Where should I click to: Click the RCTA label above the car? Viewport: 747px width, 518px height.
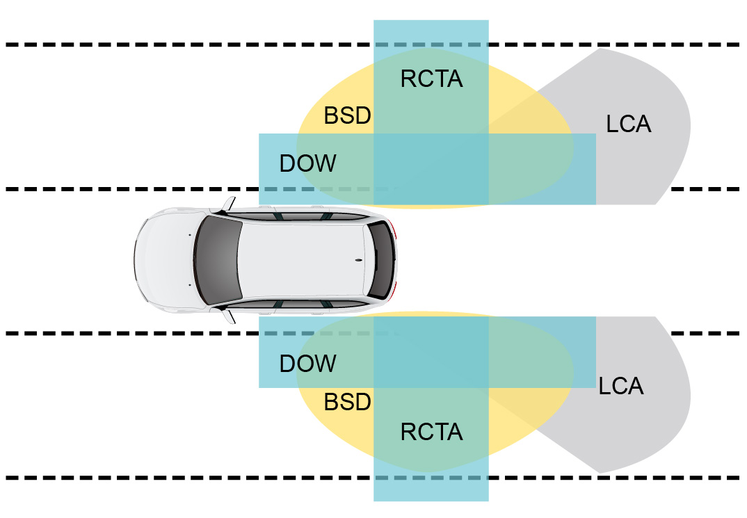pyautogui.click(x=431, y=79)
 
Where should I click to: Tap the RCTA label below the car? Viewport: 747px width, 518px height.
pyautogui.click(x=431, y=432)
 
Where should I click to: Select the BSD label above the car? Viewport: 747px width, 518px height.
pyautogui.click(x=348, y=115)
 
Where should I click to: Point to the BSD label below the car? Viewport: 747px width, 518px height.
pyautogui.click(x=348, y=402)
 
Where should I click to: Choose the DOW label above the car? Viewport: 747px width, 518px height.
pyautogui.click(x=307, y=164)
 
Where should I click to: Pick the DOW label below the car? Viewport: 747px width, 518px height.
pyautogui.click(x=307, y=364)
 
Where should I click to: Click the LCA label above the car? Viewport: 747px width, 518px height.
pyautogui.click(x=628, y=124)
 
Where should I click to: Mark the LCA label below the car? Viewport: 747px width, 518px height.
pyautogui.click(x=620, y=387)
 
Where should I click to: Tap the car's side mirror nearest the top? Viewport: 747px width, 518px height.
pyautogui.click(x=229, y=204)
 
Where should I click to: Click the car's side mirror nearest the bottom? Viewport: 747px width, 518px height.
pyautogui.click(x=229, y=316)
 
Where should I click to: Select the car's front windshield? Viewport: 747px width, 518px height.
pyautogui.click(x=217, y=260)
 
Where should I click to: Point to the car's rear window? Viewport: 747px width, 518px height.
pyautogui.click(x=380, y=260)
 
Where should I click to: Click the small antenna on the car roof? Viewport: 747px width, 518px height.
pyautogui.click(x=359, y=260)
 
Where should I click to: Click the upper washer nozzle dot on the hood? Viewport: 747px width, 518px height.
pyautogui.click(x=188, y=236)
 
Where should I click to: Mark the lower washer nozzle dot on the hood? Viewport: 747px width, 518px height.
pyautogui.click(x=188, y=285)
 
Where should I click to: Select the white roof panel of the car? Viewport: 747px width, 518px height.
pyautogui.click(x=299, y=260)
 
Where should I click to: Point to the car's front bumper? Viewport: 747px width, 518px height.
pyautogui.click(x=138, y=260)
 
